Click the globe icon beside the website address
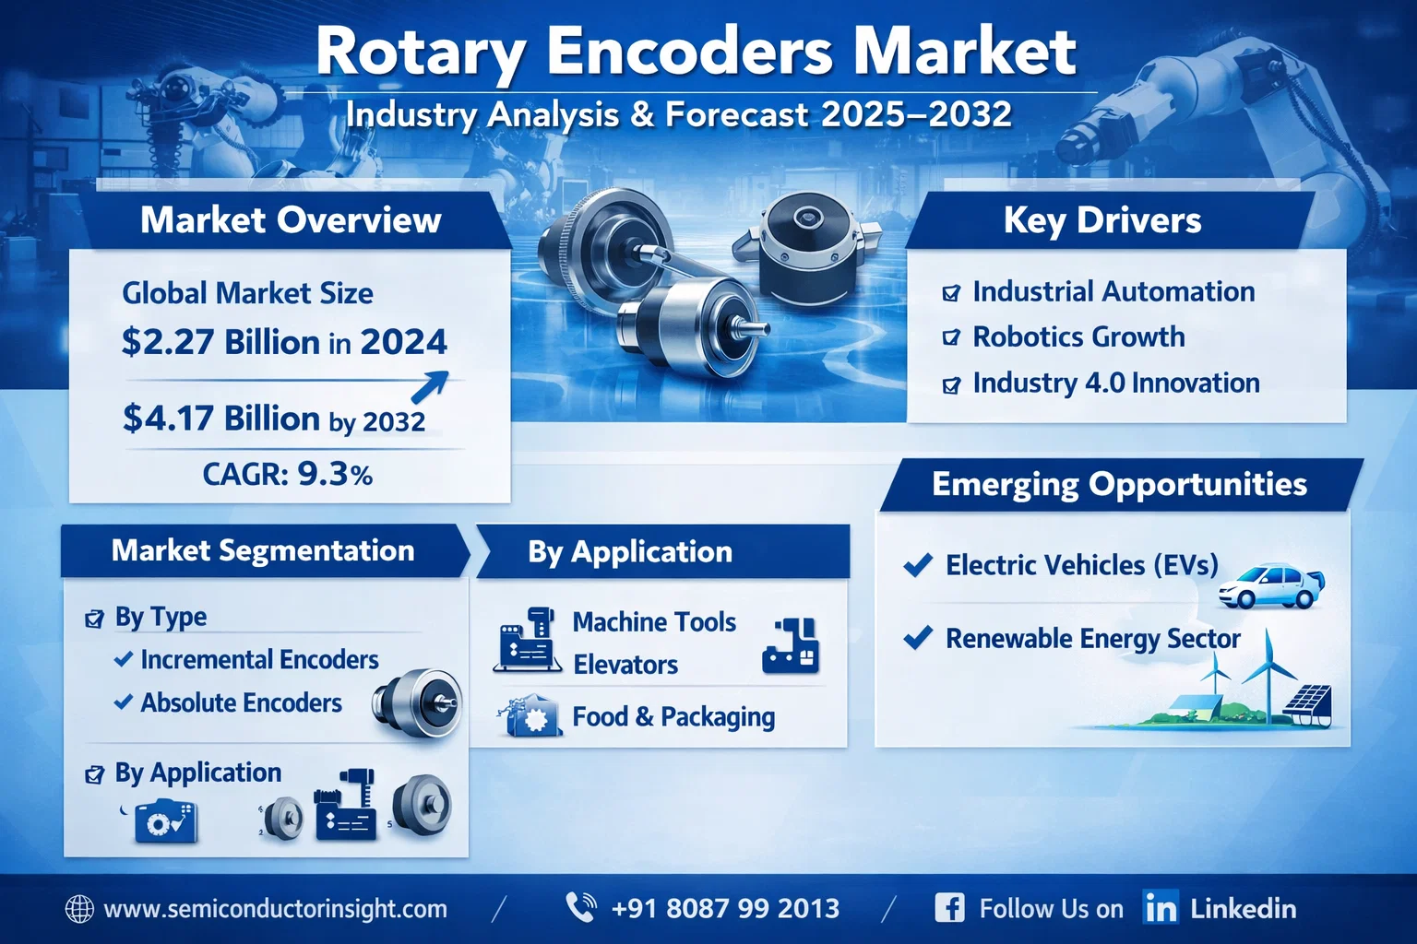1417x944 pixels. (79, 909)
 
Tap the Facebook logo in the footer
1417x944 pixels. (949, 908)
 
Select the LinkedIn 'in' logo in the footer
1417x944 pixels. (1161, 908)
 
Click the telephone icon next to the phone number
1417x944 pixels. (580, 907)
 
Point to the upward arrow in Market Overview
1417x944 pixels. (430, 386)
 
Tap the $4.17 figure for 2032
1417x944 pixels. (168, 419)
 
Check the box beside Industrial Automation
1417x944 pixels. (951, 293)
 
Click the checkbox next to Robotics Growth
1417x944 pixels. (951, 337)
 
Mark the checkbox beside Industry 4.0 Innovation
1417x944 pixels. (951, 384)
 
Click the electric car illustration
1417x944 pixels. (1271, 586)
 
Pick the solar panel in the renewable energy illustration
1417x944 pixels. (1309, 704)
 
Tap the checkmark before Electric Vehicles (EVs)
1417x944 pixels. (918, 564)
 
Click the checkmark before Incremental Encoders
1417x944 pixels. (124, 659)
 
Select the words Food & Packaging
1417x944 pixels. (673, 717)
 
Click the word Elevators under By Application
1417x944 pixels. (625, 666)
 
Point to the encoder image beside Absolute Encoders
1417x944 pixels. (418, 703)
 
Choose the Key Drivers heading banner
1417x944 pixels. (1110, 220)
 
